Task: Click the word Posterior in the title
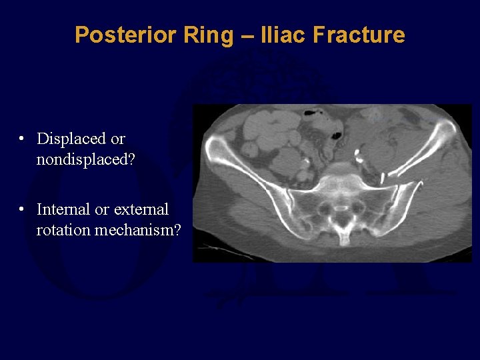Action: click(x=117, y=35)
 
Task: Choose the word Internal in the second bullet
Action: click(x=63, y=209)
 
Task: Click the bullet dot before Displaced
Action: click(x=22, y=139)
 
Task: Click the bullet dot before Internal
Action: click(x=22, y=209)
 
